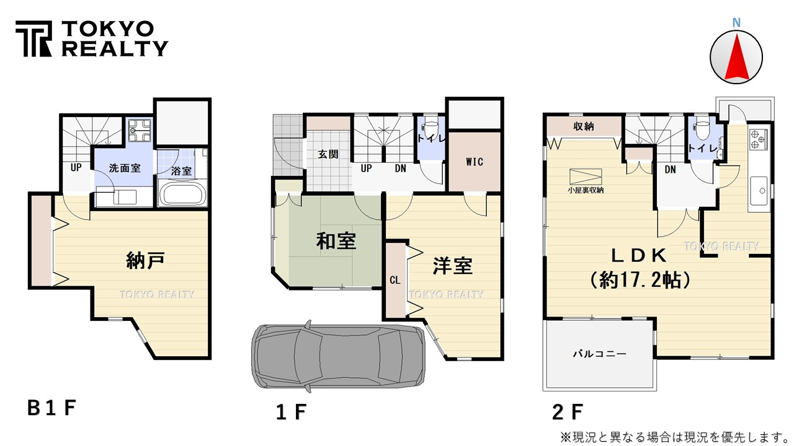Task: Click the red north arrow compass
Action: [x=736, y=56]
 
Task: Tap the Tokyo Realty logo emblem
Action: [x=35, y=39]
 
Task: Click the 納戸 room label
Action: [x=145, y=261]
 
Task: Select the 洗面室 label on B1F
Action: [x=124, y=168]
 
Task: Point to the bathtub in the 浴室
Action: [x=182, y=194]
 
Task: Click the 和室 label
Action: [x=336, y=242]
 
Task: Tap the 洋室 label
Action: [x=452, y=266]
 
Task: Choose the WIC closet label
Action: [x=474, y=162]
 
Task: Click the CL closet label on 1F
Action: [x=395, y=280]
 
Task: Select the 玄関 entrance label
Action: [x=328, y=155]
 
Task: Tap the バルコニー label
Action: [x=599, y=354]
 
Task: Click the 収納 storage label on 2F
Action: [x=583, y=126]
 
